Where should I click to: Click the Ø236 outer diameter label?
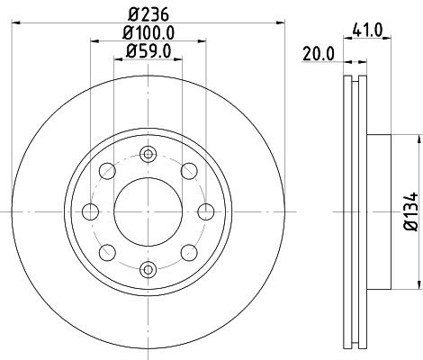[x=147, y=13]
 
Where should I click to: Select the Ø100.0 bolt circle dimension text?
[x=147, y=34]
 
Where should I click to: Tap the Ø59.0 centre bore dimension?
[x=147, y=52]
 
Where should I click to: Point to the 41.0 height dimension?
[x=373, y=30]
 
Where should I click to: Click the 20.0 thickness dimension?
[x=319, y=53]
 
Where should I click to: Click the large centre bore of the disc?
[x=147, y=211]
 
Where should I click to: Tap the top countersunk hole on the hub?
[x=147, y=155]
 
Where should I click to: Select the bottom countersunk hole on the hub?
[x=147, y=268]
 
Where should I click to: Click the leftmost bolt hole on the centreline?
[x=90, y=211]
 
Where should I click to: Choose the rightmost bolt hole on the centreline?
[x=204, y=211]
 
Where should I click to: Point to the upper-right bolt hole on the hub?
[x=187, y=171]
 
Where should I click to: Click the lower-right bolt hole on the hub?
[x=187, y=252]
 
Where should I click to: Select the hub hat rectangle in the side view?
[x=379, y=211]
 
